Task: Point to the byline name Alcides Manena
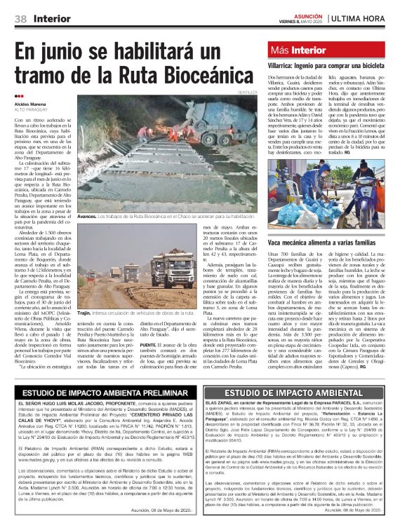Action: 32,103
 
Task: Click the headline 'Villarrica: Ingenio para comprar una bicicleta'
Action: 327,64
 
